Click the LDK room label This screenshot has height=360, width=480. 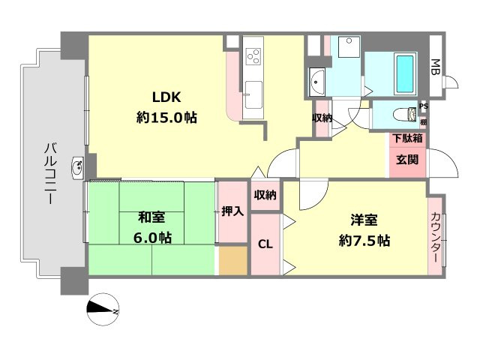point(166,97)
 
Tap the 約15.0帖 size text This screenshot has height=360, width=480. point(166,117)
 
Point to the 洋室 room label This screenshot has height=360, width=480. point(364,220)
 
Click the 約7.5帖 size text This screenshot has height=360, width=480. point(364,241)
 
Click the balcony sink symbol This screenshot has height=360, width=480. point(78,168)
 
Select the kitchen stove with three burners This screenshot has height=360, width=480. point(254,56)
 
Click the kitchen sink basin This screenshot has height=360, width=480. point(253,95)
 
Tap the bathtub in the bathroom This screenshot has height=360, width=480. point(405,73)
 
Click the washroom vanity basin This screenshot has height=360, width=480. point(317,82)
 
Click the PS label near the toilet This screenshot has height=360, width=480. point(424,106)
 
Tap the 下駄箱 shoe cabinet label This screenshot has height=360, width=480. point(408,138)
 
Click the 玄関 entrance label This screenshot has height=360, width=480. point(407,160)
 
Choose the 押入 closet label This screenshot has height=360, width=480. point(232,211)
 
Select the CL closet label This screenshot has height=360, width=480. point(265,244)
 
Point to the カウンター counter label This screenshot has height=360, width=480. point(435,237)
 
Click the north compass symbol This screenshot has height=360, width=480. point(103,310)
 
